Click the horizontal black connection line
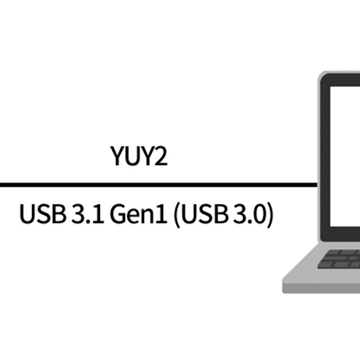tap(157, 184)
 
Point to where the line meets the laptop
tap(317, 184)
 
